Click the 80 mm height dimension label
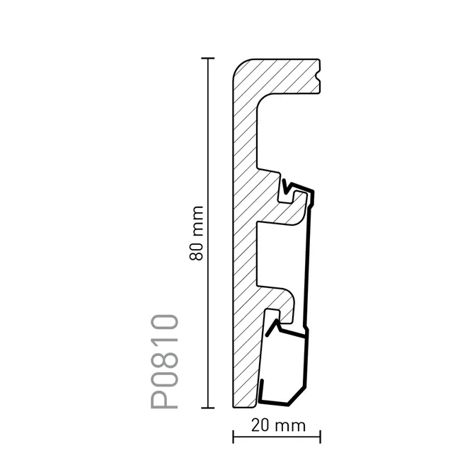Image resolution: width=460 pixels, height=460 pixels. tap(196, 234)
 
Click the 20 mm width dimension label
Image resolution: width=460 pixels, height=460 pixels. tap(278, 425)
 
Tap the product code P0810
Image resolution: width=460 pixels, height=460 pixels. tap(164, 362)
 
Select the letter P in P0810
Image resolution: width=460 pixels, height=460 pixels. tap(164, 398)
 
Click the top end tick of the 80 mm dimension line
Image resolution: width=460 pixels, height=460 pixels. tap(208, 59)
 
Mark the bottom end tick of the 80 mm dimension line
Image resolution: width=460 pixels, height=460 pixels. tap(208, 408)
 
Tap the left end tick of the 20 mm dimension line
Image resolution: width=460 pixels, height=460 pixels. tap(234, 437)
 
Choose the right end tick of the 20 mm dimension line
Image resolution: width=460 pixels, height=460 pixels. tap(321, 437)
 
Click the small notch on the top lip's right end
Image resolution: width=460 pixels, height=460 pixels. tap(318, 76)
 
